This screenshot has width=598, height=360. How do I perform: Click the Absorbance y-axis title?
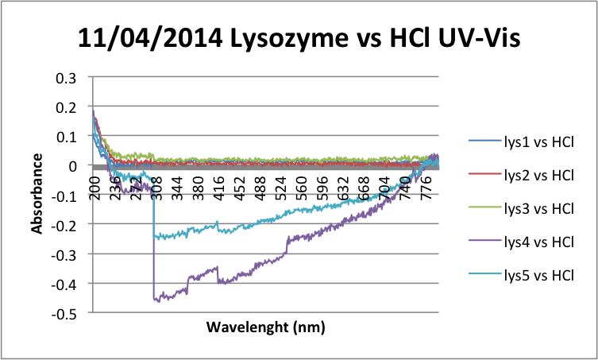[x=37, y=194]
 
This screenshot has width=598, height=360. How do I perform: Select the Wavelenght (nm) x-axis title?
[x=265, y=327]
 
